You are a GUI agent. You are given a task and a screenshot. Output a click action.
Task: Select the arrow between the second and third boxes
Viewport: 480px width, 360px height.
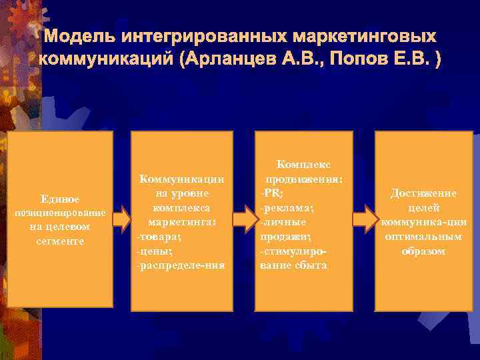click(x=245, y=219)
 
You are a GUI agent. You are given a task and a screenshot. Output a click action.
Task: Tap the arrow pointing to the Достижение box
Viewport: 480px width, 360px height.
click(x=364, y=219)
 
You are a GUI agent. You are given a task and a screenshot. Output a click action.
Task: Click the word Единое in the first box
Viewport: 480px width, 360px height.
click(x=60, y=199)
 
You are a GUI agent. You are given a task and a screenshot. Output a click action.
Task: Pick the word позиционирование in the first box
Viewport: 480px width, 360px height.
click(x=60, y=213)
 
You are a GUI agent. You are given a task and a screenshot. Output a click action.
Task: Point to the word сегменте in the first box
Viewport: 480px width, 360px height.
click(x=60, y=240)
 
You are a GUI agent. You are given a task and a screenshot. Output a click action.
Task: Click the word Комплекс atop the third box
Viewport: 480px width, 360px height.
click(x=304, y=164)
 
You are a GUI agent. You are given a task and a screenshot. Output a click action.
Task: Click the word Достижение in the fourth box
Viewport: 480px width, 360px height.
click(x=423, y=193)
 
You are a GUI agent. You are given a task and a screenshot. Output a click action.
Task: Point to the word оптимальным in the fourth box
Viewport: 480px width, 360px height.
click(x=423, y=237)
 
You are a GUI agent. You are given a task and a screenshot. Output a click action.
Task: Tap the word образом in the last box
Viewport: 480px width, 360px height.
click(x=423, y=251)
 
